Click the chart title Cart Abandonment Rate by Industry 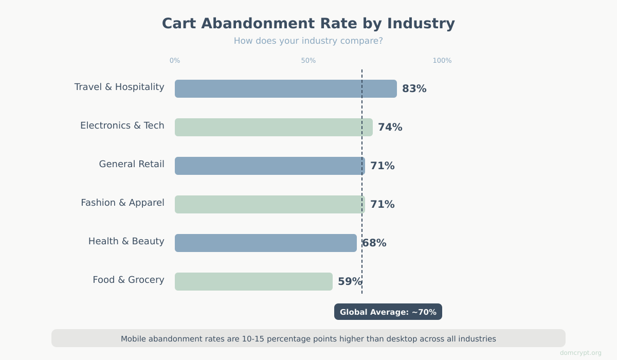308,24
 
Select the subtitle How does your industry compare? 308,41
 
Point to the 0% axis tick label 175,61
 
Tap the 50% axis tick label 308,61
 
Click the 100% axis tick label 442,61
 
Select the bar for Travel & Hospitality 285,88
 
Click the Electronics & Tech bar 274,127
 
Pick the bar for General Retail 269,166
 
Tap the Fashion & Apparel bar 269,204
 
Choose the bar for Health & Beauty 265,243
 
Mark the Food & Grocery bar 253,281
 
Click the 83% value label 414,88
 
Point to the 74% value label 390,127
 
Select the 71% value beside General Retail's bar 382,166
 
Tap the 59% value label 350,281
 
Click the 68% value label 374,243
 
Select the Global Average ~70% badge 388,312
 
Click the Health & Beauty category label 126,241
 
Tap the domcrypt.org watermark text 580,353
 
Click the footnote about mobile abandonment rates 308,338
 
